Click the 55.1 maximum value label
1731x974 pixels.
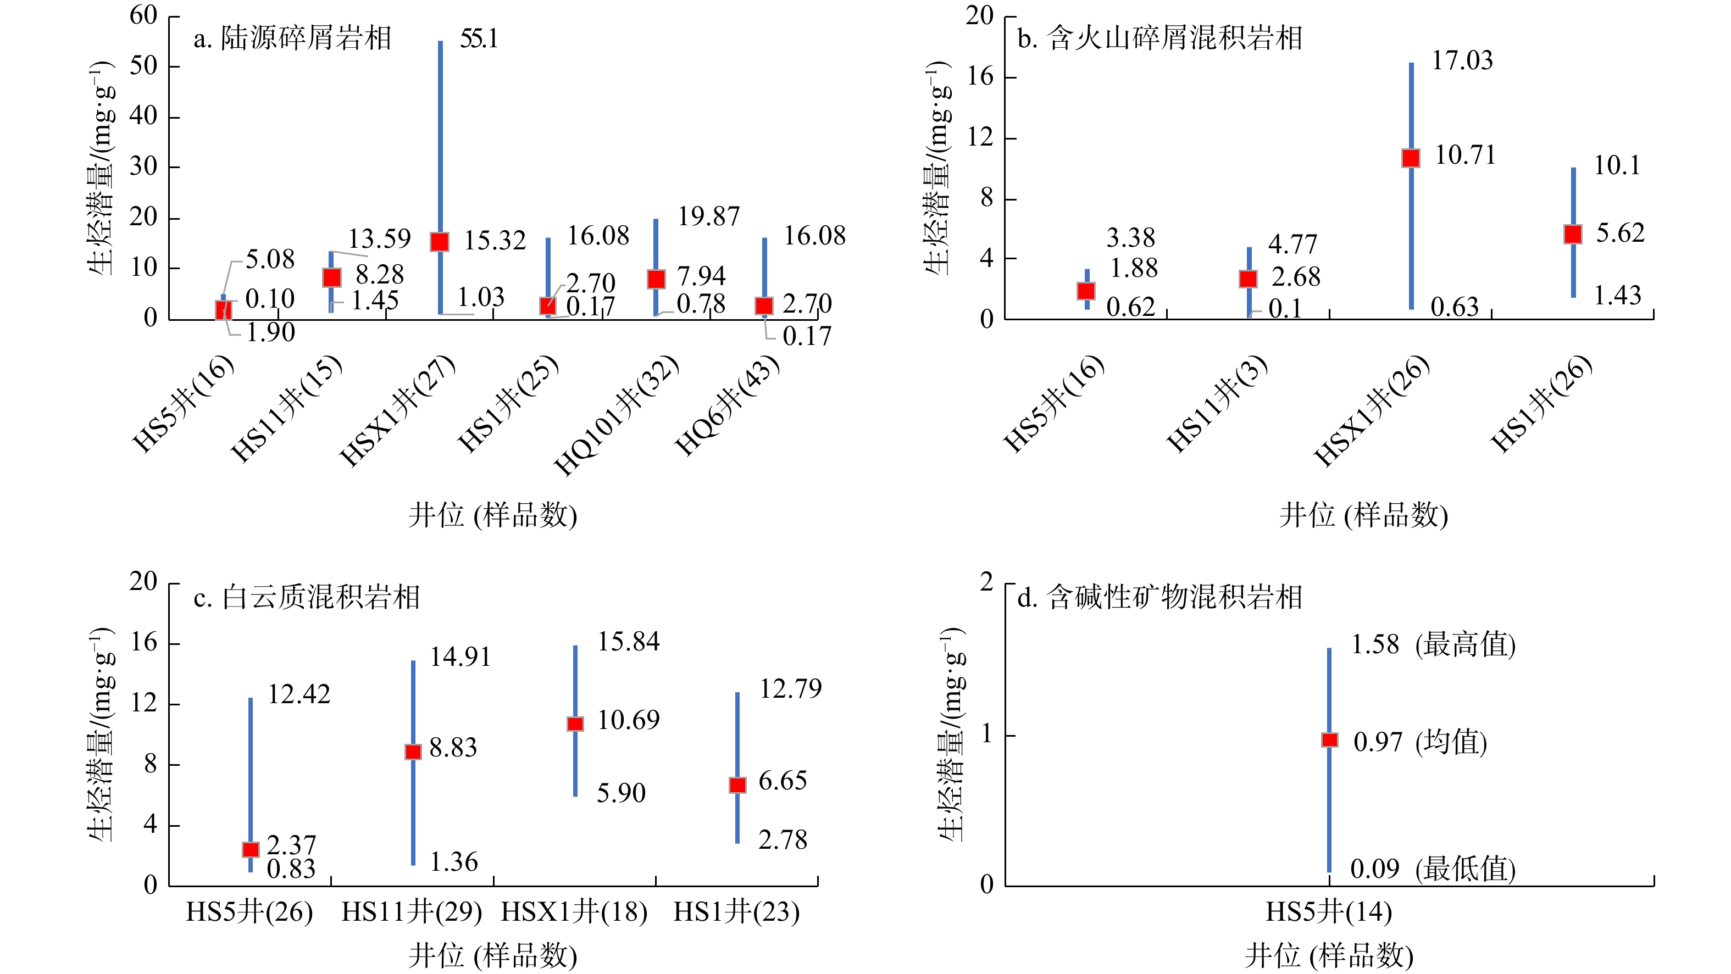coord(479,39)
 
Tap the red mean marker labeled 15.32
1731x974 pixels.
coord(440,242)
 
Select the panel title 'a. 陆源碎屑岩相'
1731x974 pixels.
coord(292,38)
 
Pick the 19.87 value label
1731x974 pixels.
coord(708,216)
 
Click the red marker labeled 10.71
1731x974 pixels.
coord(1411,158)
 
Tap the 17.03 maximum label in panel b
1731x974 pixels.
coord(1462,60)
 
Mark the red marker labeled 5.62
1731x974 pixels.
coord(1572,234)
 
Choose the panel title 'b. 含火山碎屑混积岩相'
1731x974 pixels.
coord(1159,38)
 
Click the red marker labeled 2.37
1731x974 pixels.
coord(251,850)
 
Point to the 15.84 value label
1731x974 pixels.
coord(628,642)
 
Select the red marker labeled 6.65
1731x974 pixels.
coord(737,785)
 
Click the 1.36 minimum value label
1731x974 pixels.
coord(453,862)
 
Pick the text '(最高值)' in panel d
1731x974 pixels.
coord(1465,645)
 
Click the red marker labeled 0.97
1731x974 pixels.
coord(1329,740)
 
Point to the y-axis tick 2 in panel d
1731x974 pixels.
coord(986,582)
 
